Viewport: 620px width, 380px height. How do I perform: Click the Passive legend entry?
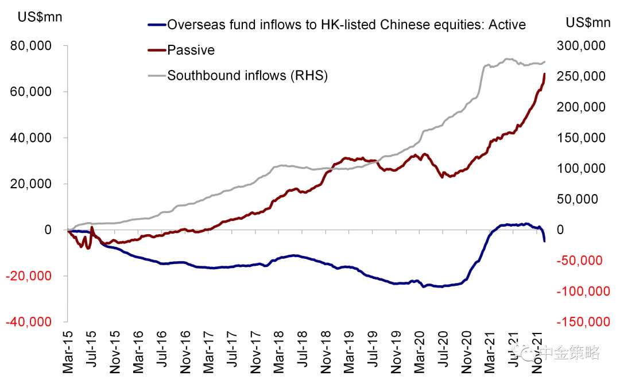[x=191, y=50]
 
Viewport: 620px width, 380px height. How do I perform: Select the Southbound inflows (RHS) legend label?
[x=247, y=75]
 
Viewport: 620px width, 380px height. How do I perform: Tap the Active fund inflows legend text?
[x=346, y=25]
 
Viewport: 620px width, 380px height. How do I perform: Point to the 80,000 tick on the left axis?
[x=32, y=46]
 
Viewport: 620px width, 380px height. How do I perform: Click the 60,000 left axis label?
[x=32, y=92]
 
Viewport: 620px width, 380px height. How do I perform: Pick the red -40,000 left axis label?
[x=30, y=322]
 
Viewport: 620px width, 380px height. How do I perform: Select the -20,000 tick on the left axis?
[x=30, y=276]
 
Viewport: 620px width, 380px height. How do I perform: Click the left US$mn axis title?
[x=40, y=17]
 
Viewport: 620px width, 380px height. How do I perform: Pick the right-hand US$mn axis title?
[x=588, y=22]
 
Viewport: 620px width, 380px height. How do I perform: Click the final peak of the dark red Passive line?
[x=544, y=74]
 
